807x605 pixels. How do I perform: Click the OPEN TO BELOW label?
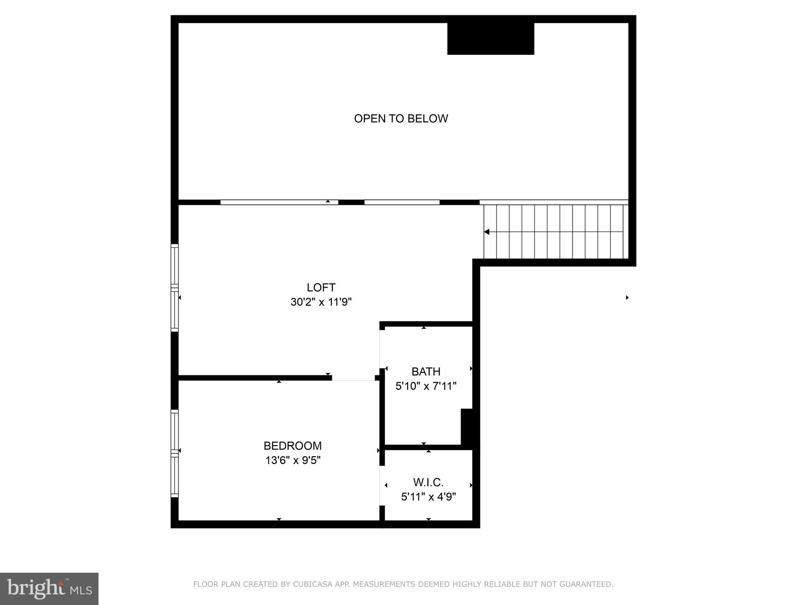(401, 119)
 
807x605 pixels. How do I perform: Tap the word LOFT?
(321, 288)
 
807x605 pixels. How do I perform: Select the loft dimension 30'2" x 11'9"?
(321, 302)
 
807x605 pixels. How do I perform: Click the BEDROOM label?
(292, 446)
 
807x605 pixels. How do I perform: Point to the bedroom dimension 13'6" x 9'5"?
(292, 460)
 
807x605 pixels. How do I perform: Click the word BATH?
(426, 371)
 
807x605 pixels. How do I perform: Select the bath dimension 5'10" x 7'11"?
(426, 386)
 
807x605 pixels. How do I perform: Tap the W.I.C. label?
(428, 482)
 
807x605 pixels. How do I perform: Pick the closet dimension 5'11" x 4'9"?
(428, 497)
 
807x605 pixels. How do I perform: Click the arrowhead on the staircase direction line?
(487, 232)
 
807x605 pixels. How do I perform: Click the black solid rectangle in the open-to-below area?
(491, 39)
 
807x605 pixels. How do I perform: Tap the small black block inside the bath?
(467, 427)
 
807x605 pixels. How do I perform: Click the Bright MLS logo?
(49, 588)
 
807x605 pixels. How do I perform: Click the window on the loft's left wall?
(174, 288)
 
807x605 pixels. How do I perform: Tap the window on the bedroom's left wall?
(174, 453)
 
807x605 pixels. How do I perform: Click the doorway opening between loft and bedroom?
(353, 378)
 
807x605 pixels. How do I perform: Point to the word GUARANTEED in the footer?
(588, 585)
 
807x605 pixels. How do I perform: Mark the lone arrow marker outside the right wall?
(627, 297)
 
